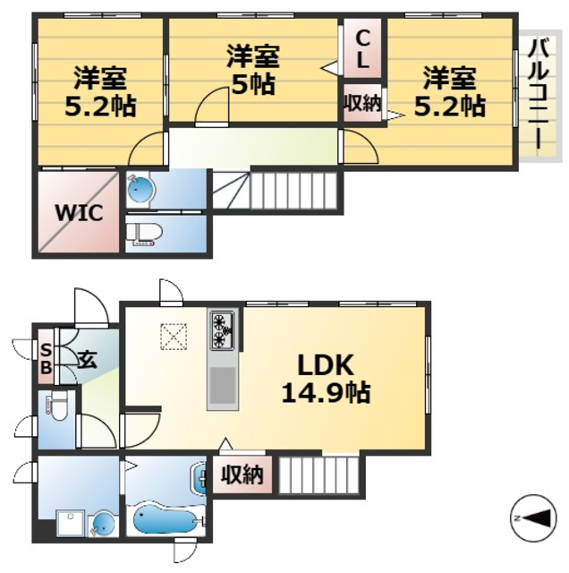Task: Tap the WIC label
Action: click(x=80, y=213)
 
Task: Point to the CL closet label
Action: click(x=362, y=48)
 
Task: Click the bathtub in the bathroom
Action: click(x=166, y=517)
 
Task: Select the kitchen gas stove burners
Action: click(x=222, y=330)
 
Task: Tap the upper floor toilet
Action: click(x=143, y=233)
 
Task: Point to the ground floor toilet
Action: click(x=56, y=408)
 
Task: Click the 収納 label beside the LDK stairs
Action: click(x=242, y=474)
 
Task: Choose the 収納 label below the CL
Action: click(x=362, y=102)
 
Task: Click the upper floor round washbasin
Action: click(x=141, y=189)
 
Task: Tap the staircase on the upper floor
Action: click(x=277, y=190)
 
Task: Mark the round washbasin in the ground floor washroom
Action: click(x=102, y=521)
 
